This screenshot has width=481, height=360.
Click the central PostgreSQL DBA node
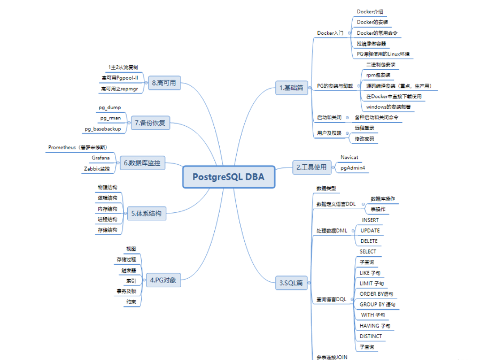tap(229, 177)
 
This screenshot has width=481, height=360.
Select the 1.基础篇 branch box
tap(292, 88)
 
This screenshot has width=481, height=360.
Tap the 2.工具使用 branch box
tap(311, 167)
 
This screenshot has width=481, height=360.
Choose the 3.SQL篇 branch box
tap(291, 283)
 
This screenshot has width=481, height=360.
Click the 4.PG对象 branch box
tap(164, 279)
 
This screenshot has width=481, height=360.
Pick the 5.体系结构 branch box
tap(146, 213)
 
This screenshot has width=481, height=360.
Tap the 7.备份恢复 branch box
tap(150, 123)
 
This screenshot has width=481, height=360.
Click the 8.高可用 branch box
tap(164, 83)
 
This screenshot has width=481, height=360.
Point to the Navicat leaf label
tap(350, 157)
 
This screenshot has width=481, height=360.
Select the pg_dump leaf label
tap(110, 108)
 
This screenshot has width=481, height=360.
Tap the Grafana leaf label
tap(100, 158)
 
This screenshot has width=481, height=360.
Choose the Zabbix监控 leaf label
tap(97, 168)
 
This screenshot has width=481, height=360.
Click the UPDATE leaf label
tap(370, 231)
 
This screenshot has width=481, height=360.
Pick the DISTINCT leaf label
tap(371, 336)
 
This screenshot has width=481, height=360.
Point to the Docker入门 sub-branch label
tap(330, 33)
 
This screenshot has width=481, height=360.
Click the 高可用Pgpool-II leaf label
tap(120, 78)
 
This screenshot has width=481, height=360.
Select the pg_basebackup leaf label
tap(103, 129)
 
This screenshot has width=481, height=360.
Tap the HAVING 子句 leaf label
tap(375, 326)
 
